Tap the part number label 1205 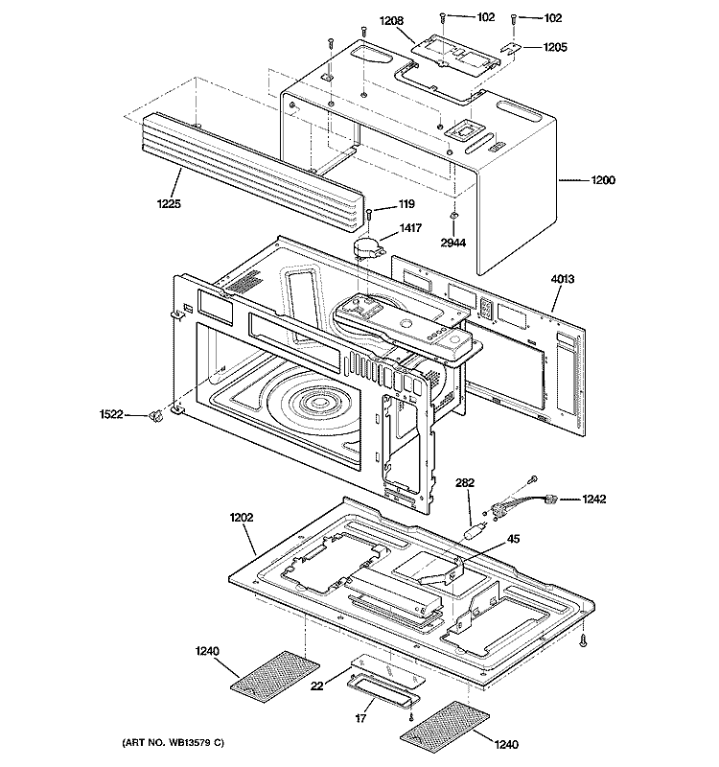(x=556, y=47)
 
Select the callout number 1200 (x=603, y=179)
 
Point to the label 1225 (x=167, y=203)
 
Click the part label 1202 (x=241, y=519)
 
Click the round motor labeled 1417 (x=368, y=248)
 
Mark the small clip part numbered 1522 (x=152, y=414)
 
